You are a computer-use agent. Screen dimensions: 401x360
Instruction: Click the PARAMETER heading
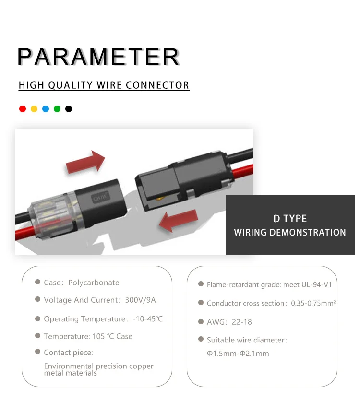click(x=98, y=57)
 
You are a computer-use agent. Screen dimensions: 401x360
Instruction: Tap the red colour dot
click(x=23, y=109)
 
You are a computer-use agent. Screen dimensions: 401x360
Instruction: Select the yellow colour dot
click(x=34, y=109)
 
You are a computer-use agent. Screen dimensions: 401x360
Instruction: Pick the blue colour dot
click(x=46, y=109)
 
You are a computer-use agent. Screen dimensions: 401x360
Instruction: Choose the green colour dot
click(x=57, y=109)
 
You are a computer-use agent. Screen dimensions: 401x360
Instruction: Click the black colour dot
click(x=69, y=109)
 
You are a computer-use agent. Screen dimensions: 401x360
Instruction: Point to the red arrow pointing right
click(x=85, y=162)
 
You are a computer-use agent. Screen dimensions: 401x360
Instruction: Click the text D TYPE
click(x=290, y=219)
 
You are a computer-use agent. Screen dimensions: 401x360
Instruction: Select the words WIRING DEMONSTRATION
click(x=290, y=233)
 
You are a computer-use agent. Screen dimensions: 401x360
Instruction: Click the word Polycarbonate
click(x=94, y=283)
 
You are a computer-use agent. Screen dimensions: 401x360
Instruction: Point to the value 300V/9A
click(x=140, y=300)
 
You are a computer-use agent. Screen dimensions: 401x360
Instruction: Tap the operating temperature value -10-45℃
click(x=146, y=319)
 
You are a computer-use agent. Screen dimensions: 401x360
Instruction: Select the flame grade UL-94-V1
click(x=314, y=284)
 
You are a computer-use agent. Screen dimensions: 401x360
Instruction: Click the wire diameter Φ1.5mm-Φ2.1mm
click(x=238, y=354)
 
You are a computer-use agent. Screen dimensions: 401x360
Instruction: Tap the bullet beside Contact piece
click(x=37, y=352)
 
